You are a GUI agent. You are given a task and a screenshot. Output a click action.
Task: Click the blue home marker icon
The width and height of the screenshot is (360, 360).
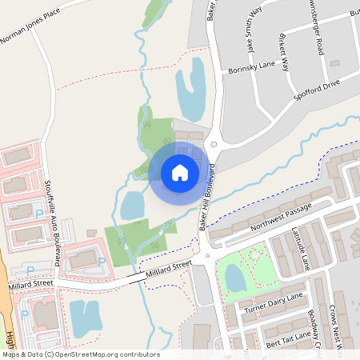[x=180, y=173]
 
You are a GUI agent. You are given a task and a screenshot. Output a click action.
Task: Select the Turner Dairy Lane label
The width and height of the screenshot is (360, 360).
[x=274, y=302]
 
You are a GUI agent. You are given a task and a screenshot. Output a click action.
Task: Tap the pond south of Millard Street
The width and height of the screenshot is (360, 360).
[x=86, y=318]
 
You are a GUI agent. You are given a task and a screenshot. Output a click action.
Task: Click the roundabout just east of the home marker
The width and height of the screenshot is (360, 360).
[x=214, y=145]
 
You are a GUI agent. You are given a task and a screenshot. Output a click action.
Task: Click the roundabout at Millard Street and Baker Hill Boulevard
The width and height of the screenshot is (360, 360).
[x=206, y=258]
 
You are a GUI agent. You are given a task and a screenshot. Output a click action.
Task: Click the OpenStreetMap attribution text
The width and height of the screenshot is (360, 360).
[x=80, y=354]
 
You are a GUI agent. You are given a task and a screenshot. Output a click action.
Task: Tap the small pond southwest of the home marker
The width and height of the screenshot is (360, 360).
[x=132, y=206]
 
